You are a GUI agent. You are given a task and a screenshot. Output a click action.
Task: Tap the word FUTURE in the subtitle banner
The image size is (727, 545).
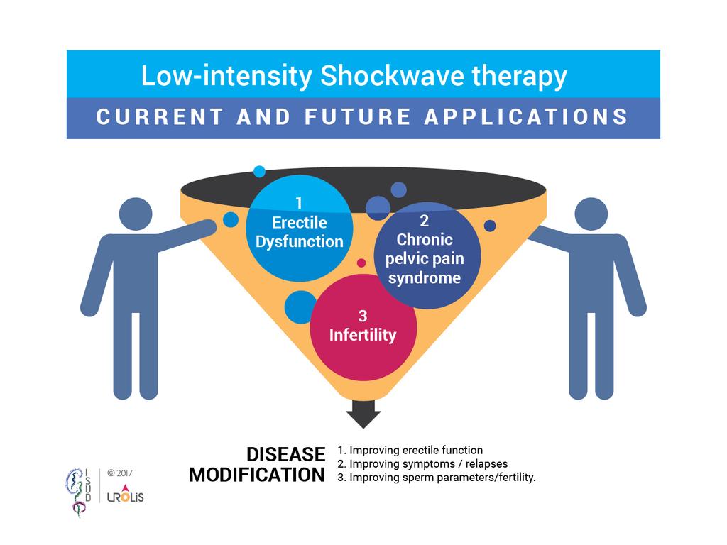358,117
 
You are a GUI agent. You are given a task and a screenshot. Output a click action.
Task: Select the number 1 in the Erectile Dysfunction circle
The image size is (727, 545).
299,203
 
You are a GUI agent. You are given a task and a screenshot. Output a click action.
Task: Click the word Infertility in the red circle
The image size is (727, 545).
363,335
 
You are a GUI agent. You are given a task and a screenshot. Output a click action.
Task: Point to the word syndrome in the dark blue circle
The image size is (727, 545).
425,278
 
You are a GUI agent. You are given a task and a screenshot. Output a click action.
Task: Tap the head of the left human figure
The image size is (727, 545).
136,214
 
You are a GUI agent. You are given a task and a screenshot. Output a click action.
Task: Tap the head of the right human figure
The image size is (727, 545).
591,214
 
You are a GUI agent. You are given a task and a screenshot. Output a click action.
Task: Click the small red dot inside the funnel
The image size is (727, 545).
361,263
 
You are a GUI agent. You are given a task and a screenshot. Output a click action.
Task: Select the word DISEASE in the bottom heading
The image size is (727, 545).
285,455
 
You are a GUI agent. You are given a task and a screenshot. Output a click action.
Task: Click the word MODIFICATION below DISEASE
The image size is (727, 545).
257,475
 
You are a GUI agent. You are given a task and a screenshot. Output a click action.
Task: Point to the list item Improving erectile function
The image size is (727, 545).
410,450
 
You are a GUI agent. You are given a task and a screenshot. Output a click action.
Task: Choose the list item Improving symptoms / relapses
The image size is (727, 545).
422,464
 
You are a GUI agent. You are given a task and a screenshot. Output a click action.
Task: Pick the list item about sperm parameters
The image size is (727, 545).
437,478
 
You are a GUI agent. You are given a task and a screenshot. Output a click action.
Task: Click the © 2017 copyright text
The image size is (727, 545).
119,473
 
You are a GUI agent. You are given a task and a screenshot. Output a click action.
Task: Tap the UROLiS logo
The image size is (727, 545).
125,494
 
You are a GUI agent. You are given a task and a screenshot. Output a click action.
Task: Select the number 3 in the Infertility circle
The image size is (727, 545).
363,316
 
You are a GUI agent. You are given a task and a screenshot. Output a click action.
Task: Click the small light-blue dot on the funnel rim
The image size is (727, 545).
259,172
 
